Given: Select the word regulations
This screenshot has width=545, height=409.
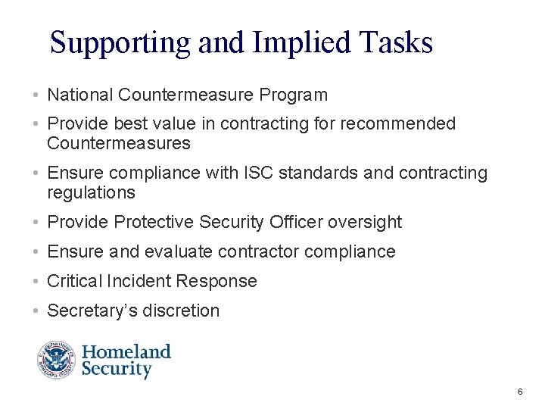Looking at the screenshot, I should [91, 193].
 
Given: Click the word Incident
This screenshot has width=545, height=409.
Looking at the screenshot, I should [144, 281].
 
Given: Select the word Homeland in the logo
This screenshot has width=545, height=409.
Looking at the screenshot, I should [126, 352].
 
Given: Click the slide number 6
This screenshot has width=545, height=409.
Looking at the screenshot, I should [520, 392].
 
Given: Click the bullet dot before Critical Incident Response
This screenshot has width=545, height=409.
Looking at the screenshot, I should [36, 282].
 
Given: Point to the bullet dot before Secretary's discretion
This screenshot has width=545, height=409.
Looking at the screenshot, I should [36, 311].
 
